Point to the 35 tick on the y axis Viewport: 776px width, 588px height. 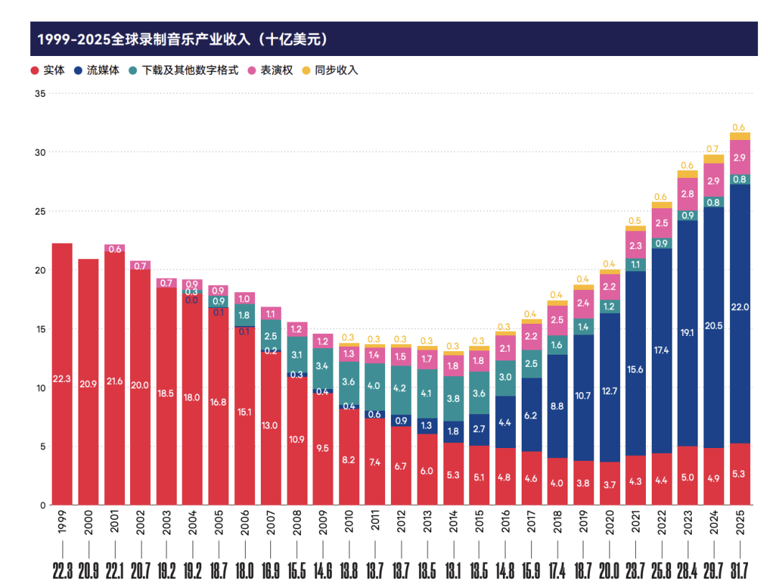40,94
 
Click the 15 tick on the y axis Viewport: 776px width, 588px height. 40,329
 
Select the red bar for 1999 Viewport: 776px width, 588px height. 63,373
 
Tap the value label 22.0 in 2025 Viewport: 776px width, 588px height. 740,307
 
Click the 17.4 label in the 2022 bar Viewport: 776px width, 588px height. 662,330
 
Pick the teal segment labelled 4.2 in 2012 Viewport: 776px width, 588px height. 401,388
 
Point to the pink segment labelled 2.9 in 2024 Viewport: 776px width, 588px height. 713,181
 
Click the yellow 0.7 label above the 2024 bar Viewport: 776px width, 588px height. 713,149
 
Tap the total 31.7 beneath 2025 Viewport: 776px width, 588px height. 740,571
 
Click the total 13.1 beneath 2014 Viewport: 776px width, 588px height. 453,571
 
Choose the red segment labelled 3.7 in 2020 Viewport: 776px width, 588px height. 609,485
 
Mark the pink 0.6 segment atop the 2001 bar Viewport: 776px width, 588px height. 114,249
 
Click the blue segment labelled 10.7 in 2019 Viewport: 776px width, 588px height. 583,396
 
